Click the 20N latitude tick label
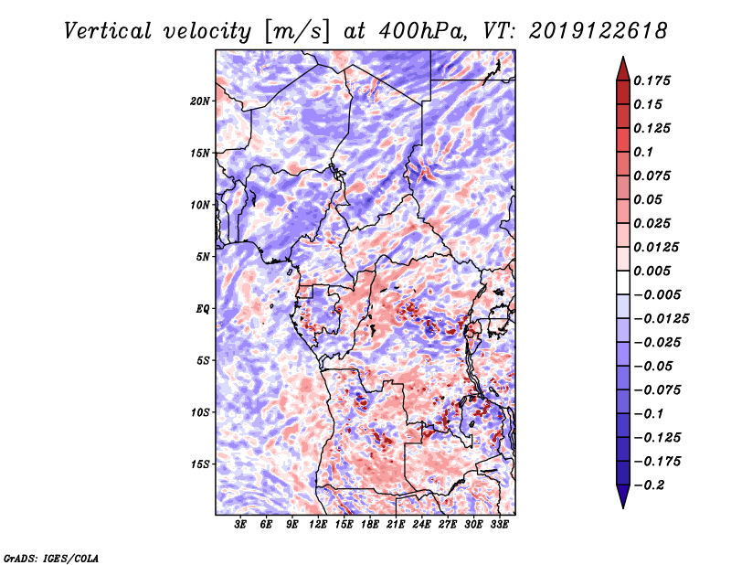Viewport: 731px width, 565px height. (x=200, y=101)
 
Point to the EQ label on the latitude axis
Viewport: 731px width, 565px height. (x=202, y=309)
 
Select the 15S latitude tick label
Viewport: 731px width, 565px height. (x=200, y=464)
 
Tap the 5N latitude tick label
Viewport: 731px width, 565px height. (x=203, y=257)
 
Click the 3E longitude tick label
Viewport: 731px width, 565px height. (x=240, y=525)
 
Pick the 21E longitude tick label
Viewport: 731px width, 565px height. (x=396, y=525)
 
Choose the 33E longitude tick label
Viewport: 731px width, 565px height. (x=499, y=525)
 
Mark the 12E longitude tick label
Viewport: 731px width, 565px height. (x=317, y=525)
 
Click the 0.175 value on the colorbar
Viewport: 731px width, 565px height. (x=652, y=80)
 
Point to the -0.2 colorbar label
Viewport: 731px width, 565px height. (x=650, y=485)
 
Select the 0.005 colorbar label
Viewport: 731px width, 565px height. (x=652, y=271)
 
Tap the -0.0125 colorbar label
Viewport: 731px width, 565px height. (x=661, y=319)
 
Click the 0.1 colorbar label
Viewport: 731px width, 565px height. (x=643, y=152)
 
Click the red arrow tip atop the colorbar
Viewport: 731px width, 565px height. (x=623, y=57)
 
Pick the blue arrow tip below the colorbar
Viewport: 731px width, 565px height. (x=623, y=507)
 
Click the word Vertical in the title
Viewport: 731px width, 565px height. (x=108, y=31)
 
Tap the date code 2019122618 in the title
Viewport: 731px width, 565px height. (x=599, y=31)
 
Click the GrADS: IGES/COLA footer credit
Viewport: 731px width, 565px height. (x=51, y=558)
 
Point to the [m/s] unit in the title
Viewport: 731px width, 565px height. (x=296, y=32)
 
